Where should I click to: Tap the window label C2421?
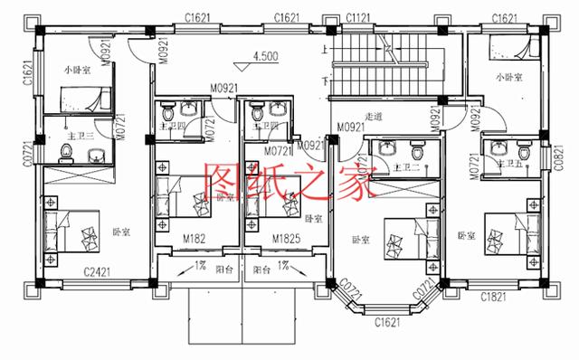tap(98, 270)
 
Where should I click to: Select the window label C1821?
tap(493, 296)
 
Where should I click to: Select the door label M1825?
tap(287, 238)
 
